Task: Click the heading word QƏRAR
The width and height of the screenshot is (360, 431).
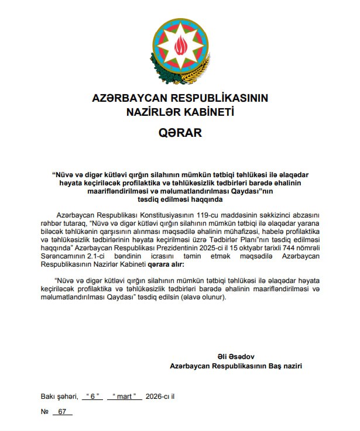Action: pos(180,133)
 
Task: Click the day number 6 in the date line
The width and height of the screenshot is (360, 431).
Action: pos(92,396)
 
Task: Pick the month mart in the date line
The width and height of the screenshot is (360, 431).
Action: pos(127,396)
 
